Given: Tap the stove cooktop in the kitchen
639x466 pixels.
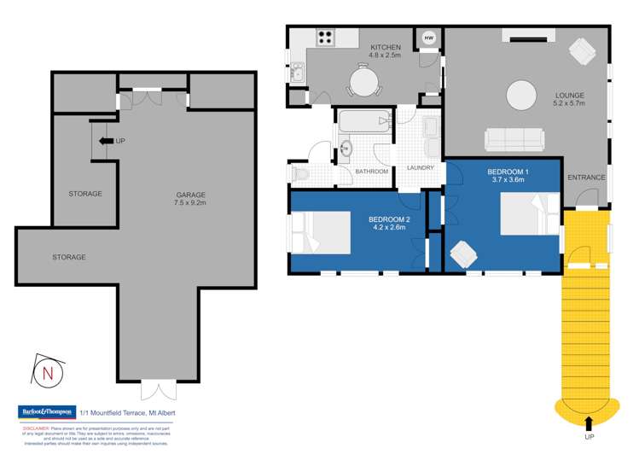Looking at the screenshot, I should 325,37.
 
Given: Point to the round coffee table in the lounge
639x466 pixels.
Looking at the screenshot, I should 523,96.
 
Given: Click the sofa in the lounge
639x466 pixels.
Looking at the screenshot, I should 513,137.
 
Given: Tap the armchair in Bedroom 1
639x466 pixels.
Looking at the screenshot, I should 464,253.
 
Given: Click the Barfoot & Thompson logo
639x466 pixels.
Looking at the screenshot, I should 47,411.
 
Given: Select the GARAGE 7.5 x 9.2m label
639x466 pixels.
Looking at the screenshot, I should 185,200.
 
